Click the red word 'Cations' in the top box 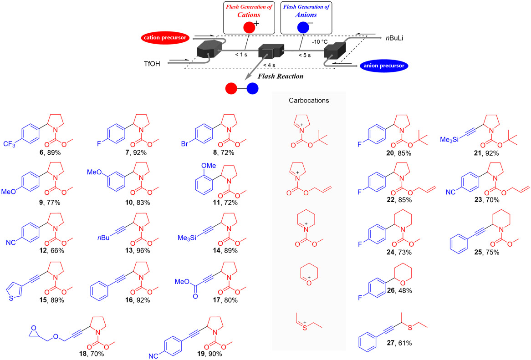tap(248, 14)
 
